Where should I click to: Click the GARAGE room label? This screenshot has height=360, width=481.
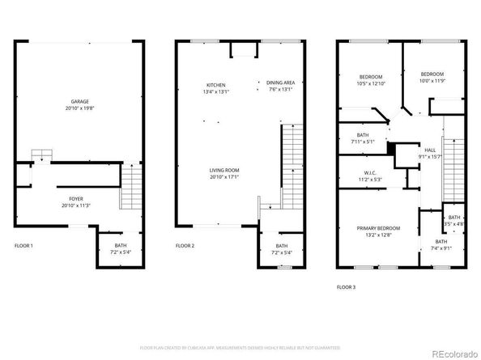pyautogui.click(x=79, y=102)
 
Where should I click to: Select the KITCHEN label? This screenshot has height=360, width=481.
pyautogui.click(x=215, y=85)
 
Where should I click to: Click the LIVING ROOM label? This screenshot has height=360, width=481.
pyautogui.click(x=224, y=171)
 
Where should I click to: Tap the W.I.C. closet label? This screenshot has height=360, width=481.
pyautogui.click(x=371, y=172)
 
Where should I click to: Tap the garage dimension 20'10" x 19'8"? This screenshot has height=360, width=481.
pyautogui.click(x=79, y=108)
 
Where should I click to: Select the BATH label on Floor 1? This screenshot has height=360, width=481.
pyautogui.click(x=120, y=246)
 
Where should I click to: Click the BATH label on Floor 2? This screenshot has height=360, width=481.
pyautogui.click(x=281, y=246)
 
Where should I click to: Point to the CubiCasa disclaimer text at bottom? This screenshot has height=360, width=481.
pyautogui.click(x=240, y=347)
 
